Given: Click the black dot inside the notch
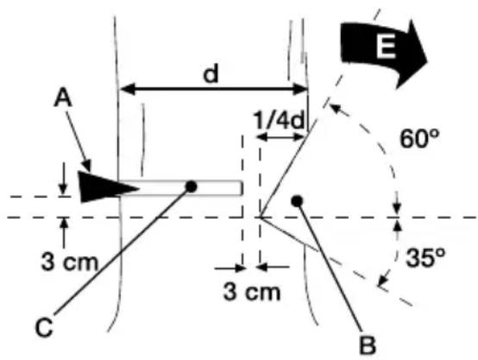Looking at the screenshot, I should [x=296, y=200].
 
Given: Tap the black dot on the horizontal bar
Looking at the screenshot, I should [x=191, y=186].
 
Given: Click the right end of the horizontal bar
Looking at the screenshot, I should [x=241, y=187].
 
